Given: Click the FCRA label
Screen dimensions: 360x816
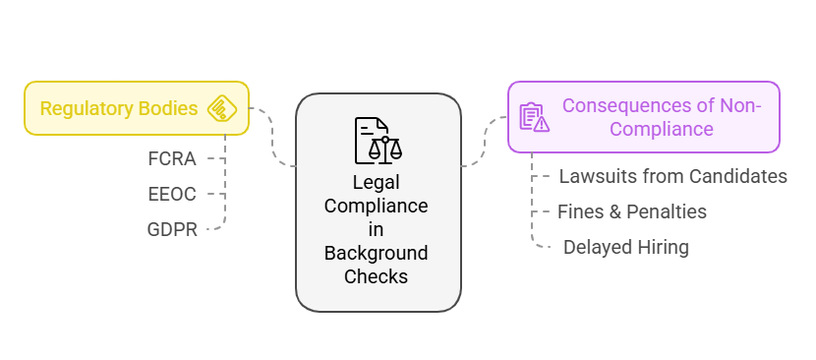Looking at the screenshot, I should click(x=173, y=157).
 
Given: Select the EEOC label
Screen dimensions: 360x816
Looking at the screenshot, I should click(x=172, y=194).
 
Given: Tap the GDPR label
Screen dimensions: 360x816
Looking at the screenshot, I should click(x=173, y=229).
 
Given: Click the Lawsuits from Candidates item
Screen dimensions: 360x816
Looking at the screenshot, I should click(x=672, y=177).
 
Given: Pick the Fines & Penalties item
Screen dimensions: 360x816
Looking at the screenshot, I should click(x=631, y=211).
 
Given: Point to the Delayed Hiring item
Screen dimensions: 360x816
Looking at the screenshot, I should click(x=625, y=247).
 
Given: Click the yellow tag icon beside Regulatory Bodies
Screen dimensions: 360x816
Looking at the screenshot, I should click(x=223, y=108).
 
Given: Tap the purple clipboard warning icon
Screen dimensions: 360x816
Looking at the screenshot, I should click(x=534, y=117).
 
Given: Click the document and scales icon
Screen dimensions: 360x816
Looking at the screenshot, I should click(x=378, y=140).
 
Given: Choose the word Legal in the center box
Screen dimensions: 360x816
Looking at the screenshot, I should click(x=378, y=183).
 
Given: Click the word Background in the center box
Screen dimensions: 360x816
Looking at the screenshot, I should click(x=378, y=254).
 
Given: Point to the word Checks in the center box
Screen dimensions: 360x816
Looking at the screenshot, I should click(x=378, y=277).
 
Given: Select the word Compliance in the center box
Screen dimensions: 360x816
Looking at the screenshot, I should click(x=378, y=207).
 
